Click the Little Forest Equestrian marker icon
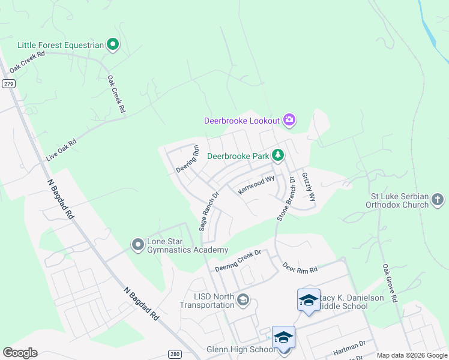pos(112,44)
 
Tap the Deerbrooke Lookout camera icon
pos(289,120)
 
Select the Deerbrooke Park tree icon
pos(278,156)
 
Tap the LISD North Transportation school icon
pos(243,299)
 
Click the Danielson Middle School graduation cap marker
pos(309,299)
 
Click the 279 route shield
pos(8,83)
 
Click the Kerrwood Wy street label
pos(256,184)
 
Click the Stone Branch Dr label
pos(286,199)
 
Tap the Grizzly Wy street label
pos(309,187)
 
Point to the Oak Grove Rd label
pos(390,282)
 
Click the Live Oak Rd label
pos(62,151)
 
